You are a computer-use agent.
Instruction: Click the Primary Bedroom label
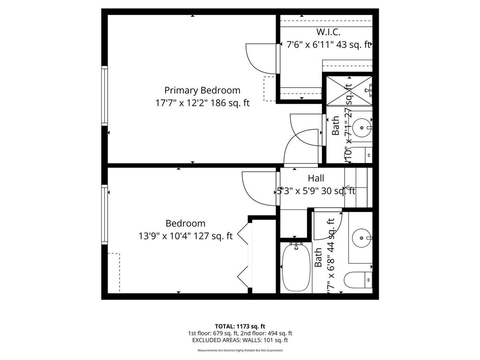coord(202,90)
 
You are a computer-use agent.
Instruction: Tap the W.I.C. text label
coord(328,32)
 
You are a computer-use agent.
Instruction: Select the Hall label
coord(315,178)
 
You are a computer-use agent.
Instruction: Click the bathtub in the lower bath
coord(296,267)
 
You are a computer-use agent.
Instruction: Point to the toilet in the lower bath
coord(357,280)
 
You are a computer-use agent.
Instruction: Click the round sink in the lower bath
coord(361,238)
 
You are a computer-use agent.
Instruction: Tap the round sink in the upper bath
coord(361,126)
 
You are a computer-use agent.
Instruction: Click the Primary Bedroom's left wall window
coord(105,96)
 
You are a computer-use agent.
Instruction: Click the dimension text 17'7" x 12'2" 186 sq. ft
coord(202,103)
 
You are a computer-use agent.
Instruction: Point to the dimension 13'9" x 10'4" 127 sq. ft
coord(186,236)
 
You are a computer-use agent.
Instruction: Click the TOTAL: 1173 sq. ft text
coord(240,326)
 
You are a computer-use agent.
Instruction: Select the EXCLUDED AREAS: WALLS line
coord(240,340)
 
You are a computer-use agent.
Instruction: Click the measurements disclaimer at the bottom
coord(240,350)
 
